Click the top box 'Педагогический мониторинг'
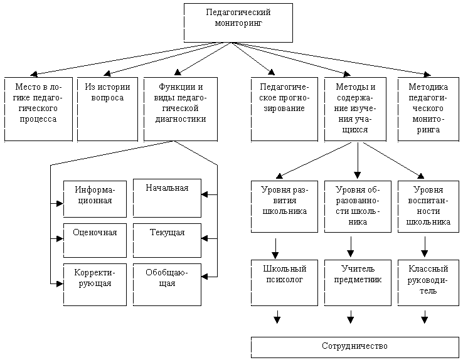pyautogui.click(x=238, y=23)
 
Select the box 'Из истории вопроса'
pyautogui.click(x=107, y=109)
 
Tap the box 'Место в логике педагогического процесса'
pyautogui.click(x=38, y=109)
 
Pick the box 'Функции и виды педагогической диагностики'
pyautogui.click(x=181, y=109)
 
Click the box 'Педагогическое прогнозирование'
pyautogui.click(x=284, y=109)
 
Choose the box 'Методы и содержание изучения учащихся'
pyautogui.click(x=355, y=109)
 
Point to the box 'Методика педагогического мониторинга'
pyautogui.click(x=428, y=109)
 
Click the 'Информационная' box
pyautogui.click(x=95, y=199)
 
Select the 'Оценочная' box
pyautogui.click(x=95, y=240)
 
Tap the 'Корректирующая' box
pyautogui.click(x=95, y=285)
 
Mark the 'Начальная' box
pyautogui.click(x=167, y=198)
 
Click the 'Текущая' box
pyautogui.click(x=167, y=240)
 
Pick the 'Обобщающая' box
pyautogui.click(x=167, y=285)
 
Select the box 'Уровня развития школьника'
pyautogui.click(x=284, y=206)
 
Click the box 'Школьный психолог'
pyautogui.click(x=284, y=283)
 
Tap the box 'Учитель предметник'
pyautogui.click(x=358, y=283)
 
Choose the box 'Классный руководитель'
pyautogui.click(x=428, y=283)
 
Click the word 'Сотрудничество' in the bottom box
pyautogui.click(x=354, y=346)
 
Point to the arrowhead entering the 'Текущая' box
pyautogui.click(x=205, y=238)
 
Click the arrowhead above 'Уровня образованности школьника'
pyautogui.click(x=358, y=175)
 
